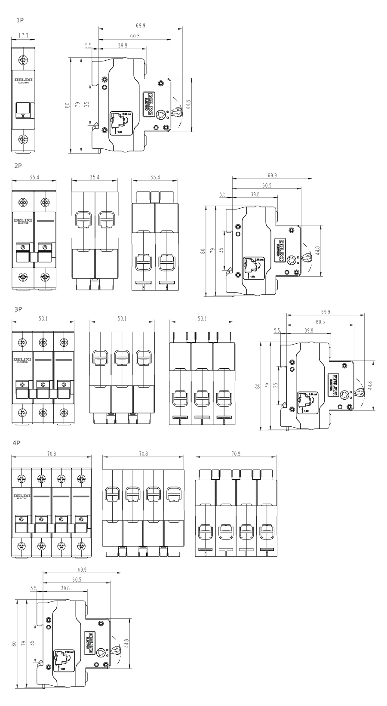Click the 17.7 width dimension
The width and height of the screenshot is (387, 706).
23,37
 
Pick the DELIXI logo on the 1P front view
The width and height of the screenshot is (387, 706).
23,80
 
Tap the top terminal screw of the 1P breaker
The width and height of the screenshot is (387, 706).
23,59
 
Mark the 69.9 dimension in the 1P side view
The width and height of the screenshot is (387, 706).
140,26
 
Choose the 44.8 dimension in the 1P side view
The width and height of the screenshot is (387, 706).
188,104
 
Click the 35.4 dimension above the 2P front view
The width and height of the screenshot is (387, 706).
34,177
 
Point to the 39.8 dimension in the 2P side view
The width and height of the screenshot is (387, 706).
255,194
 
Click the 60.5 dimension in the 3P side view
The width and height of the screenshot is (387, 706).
320,322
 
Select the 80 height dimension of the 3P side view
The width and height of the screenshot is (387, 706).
258,386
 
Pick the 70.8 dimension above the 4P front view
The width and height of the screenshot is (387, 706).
52,454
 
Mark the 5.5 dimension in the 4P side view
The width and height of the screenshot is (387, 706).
33,588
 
